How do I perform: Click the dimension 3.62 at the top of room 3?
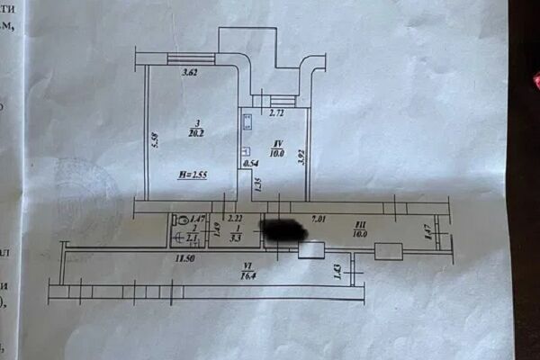190,73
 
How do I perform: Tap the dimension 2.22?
234,219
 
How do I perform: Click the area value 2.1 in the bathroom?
191,238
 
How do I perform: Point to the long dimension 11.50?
184,258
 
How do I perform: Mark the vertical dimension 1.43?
337,269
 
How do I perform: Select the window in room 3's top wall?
191,59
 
